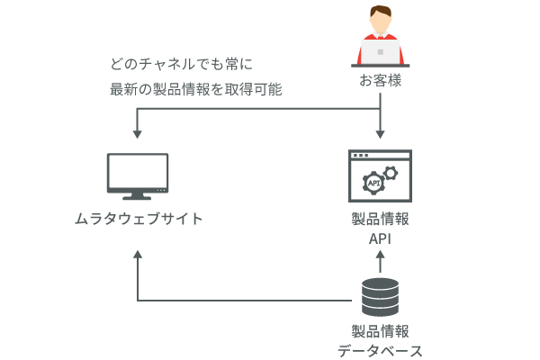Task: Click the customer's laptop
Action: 380,50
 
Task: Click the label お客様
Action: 380,82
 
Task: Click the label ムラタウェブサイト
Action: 138,219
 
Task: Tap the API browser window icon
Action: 380,175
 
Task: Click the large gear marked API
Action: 373,183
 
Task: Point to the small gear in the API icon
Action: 391,171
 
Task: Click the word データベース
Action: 380,351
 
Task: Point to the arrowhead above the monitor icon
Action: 138,134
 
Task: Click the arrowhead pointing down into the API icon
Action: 380,134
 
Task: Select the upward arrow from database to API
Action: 380,262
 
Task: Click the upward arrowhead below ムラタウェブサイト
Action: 138,256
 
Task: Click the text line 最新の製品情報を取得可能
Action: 195,90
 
